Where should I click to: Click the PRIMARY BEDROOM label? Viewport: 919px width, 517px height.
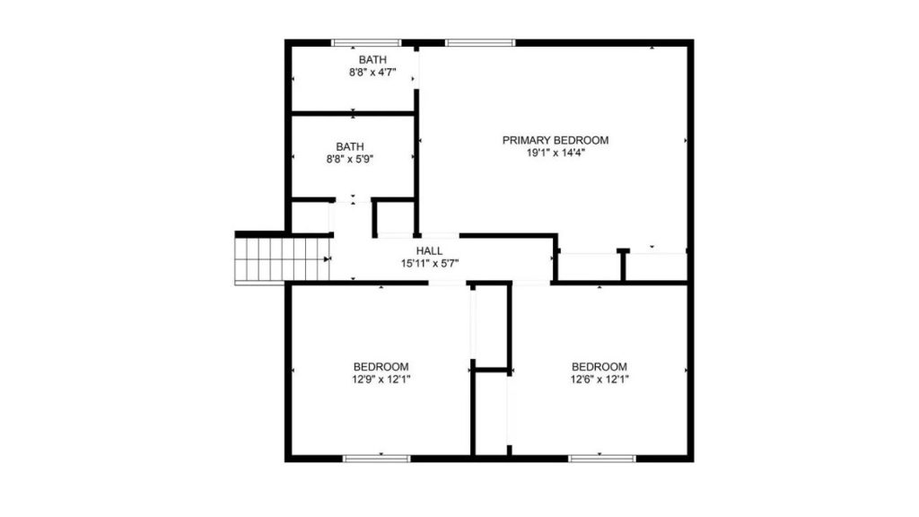pyautogui.click(x=555, y=140)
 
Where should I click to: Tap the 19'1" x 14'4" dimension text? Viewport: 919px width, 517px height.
pyautogui.click(x=556, y=153)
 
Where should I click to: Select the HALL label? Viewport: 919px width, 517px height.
pyautogui.click(x=430, y=251)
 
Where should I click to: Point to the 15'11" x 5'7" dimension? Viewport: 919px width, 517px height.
pyautogui.click(x=430, y=264)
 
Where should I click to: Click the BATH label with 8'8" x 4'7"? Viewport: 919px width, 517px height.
pyautogui.click(x=372, y=60)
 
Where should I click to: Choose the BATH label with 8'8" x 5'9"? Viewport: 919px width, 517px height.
pyautogui.click(x=350, y=146)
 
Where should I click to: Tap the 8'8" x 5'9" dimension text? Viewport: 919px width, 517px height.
pyautogui.click(x=350, y=159)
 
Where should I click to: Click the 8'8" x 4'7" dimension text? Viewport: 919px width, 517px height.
pyautogui.click(x=372, y=73)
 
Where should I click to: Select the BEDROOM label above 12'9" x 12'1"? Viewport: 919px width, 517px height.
pyautogui.click(x=381, y=367)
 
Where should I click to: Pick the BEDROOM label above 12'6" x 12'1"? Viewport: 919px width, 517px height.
pyautogui.click(x=600, y=367)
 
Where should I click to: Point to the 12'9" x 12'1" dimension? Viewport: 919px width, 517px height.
pyautogui.click(x=381, y=380)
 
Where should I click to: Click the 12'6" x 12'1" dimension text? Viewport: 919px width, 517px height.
pyautogui.click(x=600, y=380)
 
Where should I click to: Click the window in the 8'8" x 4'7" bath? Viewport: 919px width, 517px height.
pyautogui.click(x=366, y=43)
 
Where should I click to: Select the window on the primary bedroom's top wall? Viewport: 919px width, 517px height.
pyautogui.click(x=480, y=43)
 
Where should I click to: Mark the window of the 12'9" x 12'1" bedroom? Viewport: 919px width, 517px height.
pyautogui.click(x=377, y=459)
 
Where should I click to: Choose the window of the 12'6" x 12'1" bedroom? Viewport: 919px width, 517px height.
pyautogui.click(x=602, y=459)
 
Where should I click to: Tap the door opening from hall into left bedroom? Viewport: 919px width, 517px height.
pyautogui.click(x=447, y=283)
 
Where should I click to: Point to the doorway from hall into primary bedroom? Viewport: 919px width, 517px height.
pyautogui.click(x=418, y=236)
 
